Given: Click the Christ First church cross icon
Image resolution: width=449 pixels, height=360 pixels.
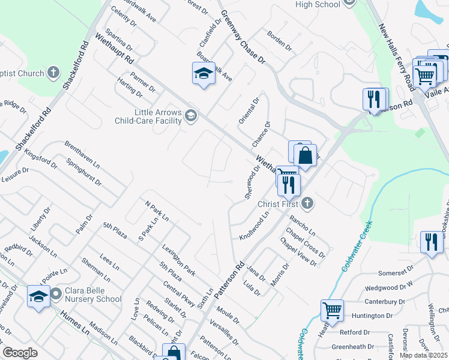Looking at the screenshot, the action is [307, 203].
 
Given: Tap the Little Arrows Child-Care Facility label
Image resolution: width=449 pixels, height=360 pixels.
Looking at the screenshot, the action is [148, 116].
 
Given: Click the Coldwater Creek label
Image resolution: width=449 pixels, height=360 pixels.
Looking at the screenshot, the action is [357, 246].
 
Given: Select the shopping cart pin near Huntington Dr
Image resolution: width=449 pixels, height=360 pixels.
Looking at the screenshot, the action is [332, 310].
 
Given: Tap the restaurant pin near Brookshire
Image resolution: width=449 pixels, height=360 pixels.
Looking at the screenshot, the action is [431, 242].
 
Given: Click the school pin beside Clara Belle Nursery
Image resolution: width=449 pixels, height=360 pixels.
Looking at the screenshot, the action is [38, 296].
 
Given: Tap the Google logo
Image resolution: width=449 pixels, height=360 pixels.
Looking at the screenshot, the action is [20, 353].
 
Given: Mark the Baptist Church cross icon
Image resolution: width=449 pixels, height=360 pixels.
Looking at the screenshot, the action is [53, 73].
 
